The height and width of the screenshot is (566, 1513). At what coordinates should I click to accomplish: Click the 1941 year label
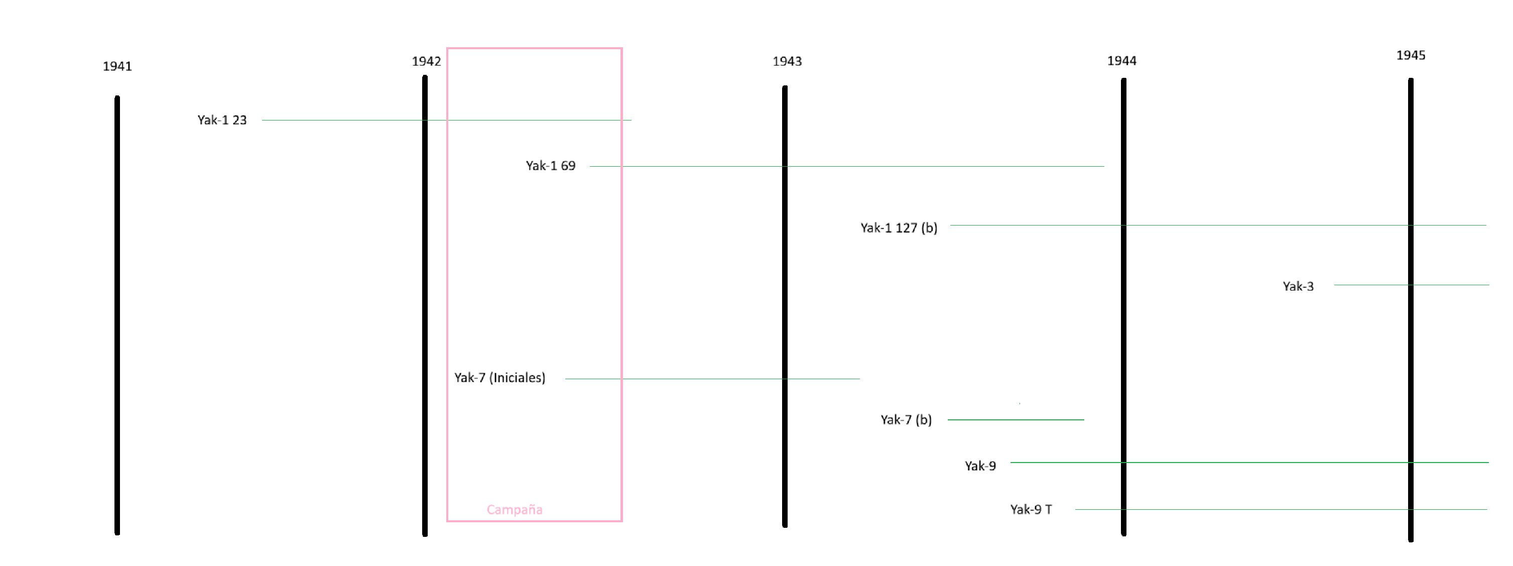[117, 66]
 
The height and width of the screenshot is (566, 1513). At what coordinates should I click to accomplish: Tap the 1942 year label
[426, 61]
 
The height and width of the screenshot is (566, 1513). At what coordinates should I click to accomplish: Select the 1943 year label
[787, 61]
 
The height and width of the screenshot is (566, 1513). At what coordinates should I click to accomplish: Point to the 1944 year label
[1122, 61]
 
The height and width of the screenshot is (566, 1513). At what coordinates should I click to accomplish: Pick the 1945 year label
[1411, 55]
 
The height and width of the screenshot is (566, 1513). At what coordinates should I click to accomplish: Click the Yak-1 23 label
[222, 120]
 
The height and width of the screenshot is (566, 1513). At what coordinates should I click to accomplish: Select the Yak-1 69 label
[550, 166]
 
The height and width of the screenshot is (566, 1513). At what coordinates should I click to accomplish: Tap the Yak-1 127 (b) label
[899, 228]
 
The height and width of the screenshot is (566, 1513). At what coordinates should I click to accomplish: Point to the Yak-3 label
[1298, 286]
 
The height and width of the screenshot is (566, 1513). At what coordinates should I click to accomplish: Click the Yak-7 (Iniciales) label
[500, 377]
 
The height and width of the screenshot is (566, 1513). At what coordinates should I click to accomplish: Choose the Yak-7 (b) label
[906, 420]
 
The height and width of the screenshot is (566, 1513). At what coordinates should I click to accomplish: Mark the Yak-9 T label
[1031, 510]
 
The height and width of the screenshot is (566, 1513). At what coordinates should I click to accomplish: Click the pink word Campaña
[515, 510]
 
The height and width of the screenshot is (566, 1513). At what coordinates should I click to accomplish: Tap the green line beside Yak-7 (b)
[1016, 420]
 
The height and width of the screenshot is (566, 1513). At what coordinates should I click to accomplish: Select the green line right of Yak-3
[1412, 285]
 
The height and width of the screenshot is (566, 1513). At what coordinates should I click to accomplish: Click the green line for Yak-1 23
[446, 120]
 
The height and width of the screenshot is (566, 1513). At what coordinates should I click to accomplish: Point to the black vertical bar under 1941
[117, 315]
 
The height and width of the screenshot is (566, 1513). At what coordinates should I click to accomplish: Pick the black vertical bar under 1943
[785, 306]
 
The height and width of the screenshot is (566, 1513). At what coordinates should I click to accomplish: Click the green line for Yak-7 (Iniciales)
[712, 379]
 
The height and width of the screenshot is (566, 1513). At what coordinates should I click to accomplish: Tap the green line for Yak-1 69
[847, 166]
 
